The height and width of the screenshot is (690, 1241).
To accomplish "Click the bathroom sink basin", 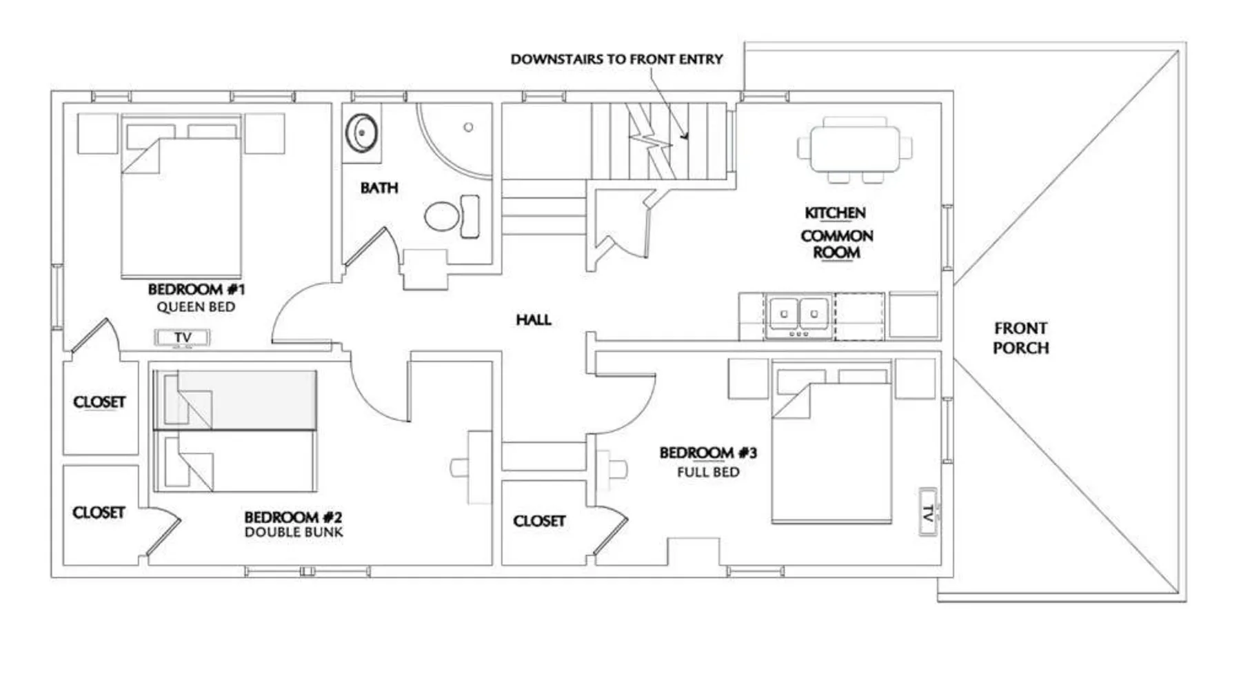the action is (x=361, y=132).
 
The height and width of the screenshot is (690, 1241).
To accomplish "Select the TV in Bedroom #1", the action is (x=182, y=337).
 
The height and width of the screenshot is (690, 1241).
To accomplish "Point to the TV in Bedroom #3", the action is (x=929, y=512).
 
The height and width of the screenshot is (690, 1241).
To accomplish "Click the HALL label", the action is (x=534, y=319).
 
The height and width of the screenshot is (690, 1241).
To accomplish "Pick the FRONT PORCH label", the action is (x=1020, y=338).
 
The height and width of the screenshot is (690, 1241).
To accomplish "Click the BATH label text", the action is (x=379, y=188).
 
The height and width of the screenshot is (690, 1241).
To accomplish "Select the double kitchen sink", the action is (x=798, y=315).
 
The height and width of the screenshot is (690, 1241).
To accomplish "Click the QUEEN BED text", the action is (x=196, y=307).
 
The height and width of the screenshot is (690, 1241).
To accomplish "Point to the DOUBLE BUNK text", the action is (x=294, y=532).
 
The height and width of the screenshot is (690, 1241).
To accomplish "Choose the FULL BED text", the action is (x=708, y=473).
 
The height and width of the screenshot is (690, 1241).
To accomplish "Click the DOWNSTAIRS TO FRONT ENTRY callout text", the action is (x=616, y=59).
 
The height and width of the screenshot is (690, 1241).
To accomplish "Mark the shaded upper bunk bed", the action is (x=235, y=400).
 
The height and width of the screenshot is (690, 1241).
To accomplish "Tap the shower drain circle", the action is (x=468, y=127).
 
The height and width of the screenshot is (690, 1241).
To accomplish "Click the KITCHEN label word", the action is (x=835, y=213).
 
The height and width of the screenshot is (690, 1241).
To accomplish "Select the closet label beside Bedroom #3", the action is (x=539, y=521).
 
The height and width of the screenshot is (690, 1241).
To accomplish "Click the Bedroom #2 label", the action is (x=293, y=517).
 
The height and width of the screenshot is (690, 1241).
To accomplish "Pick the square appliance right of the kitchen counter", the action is (x=914, y=315).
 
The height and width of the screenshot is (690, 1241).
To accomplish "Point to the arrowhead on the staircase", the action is (x=684, y=136).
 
